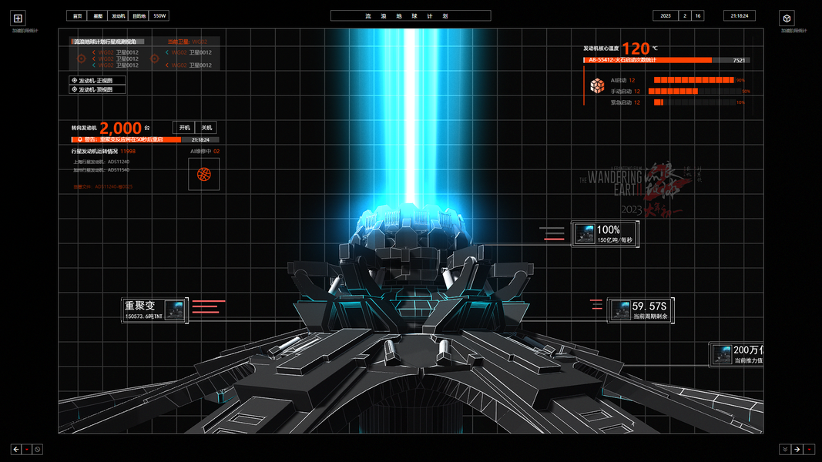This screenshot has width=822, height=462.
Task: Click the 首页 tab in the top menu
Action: tap(77, 15)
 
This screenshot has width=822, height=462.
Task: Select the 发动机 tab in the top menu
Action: tap(118, 15)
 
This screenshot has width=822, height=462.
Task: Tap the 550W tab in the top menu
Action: tap(160, 15)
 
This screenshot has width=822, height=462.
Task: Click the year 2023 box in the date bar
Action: tap(666, 15)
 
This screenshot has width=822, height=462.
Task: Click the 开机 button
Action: tap(184, 128)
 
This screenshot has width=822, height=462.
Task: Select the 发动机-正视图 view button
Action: tap(97, 80)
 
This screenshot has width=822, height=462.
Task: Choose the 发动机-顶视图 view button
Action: tap(97, 89)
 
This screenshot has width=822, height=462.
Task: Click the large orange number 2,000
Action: tap(121, 129)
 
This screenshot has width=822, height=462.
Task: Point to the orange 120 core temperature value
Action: tap(636, 49)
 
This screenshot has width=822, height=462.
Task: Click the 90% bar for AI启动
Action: tap(693, 80)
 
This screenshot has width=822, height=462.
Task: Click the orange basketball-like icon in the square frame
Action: tap(204, 175)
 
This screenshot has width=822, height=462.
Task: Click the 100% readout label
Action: tap(608, 229)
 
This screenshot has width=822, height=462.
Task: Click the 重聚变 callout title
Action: tap(140, 306)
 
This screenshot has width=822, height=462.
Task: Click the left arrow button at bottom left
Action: tap(16, 449)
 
